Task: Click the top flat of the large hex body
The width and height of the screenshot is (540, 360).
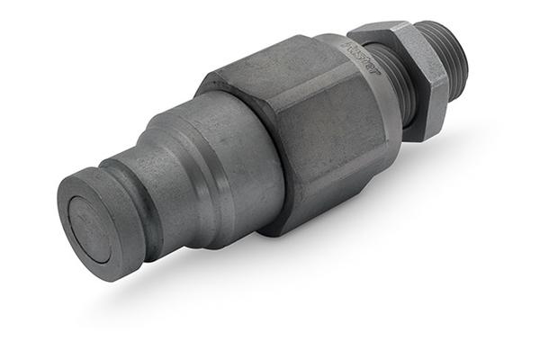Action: pyautogui.click(x=270, y=67)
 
